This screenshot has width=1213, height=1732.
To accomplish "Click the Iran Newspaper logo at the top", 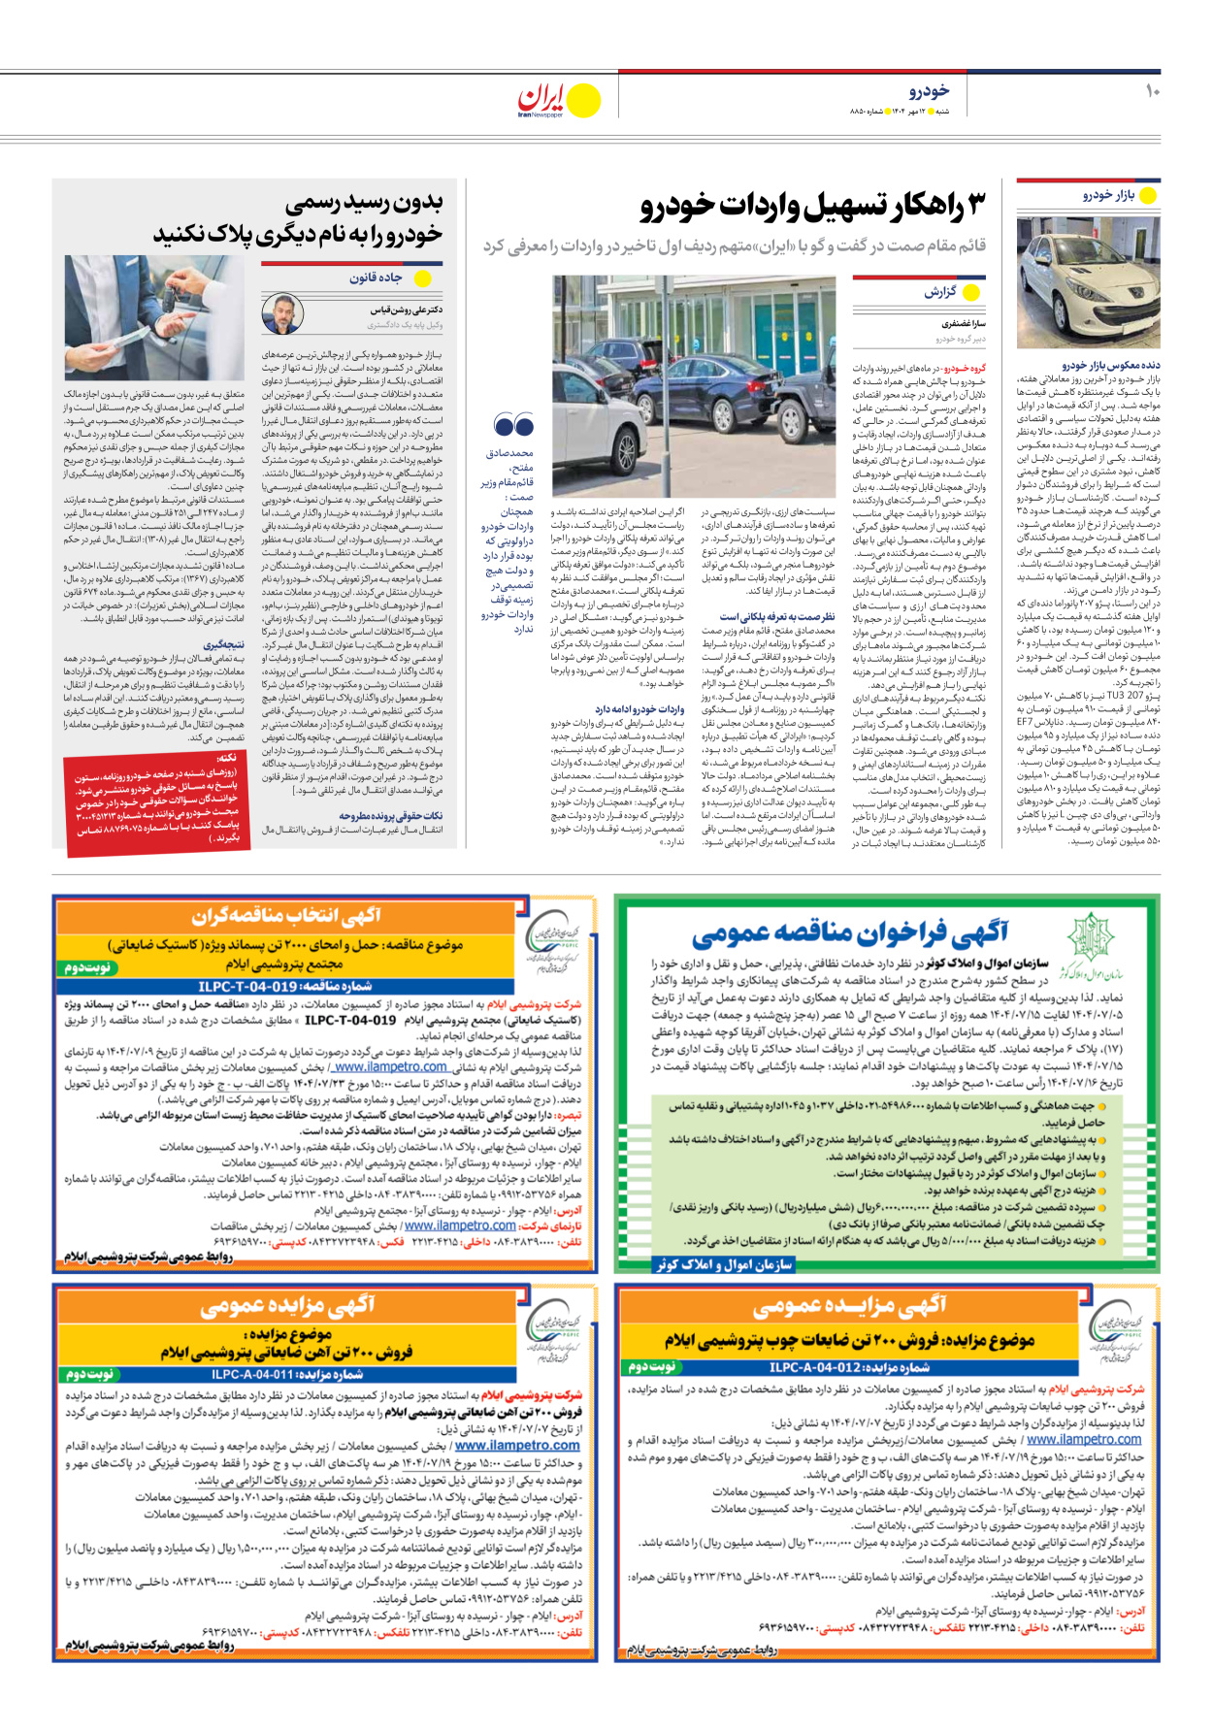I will [x=558, y=100].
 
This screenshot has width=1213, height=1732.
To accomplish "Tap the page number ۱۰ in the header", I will [x=1152, y=91].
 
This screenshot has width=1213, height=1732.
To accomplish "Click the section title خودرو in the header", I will [x=929, y=91].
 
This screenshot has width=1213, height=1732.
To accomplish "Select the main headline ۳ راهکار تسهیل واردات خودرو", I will [x=812, y=207].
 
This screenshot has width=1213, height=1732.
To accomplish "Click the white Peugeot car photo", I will [x=1088, y=282].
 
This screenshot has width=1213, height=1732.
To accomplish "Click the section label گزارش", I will [x=939, y=292].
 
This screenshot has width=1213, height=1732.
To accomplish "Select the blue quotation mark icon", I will [x=513, y=425].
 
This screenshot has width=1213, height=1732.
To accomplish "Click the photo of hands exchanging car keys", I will [x=154, y=317].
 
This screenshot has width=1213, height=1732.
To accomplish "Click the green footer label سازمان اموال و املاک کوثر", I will [x=723, y=1264].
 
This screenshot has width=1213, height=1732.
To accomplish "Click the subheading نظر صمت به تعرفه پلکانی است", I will [x=776, y=616].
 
